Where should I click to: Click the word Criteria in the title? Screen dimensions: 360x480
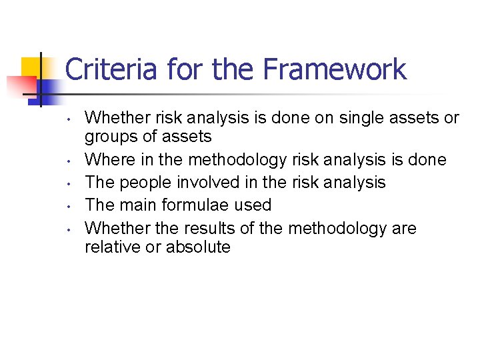click(112, 69)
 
